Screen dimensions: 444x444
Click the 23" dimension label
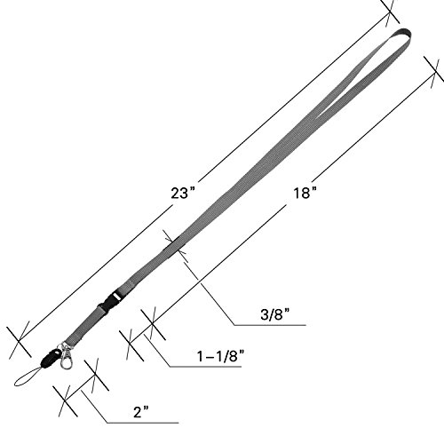click(184, 193)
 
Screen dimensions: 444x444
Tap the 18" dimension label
click(305, 193)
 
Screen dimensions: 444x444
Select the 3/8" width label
click(274, 314)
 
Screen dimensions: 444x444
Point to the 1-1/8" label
click(221, 356)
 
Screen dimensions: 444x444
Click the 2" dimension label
click(140, 412)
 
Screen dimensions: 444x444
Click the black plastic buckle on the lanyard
click(108, 301)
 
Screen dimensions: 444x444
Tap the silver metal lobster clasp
click(67, 357)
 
